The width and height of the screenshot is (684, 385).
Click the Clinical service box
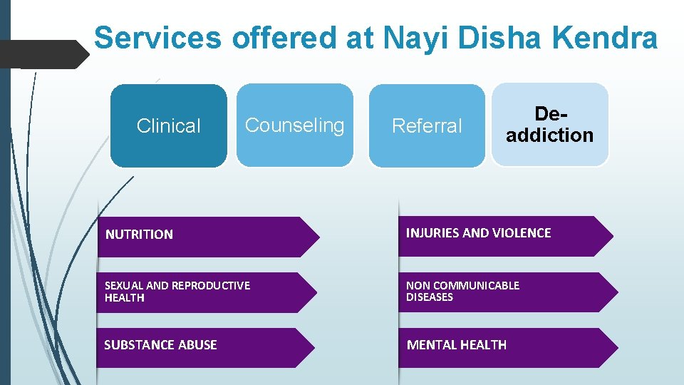(169, 126)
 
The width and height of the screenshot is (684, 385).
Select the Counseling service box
(294, 125)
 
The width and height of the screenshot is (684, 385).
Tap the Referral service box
(427, 126)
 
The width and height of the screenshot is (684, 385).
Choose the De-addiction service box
(549, 125)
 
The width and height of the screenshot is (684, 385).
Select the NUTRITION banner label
(139, 235)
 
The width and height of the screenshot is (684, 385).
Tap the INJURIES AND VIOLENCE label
(478, 233)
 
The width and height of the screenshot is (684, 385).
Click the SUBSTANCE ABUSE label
(160, 345)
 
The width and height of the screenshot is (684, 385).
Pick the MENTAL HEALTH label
(456, 345)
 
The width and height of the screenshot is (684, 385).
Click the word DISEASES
(429, 297)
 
